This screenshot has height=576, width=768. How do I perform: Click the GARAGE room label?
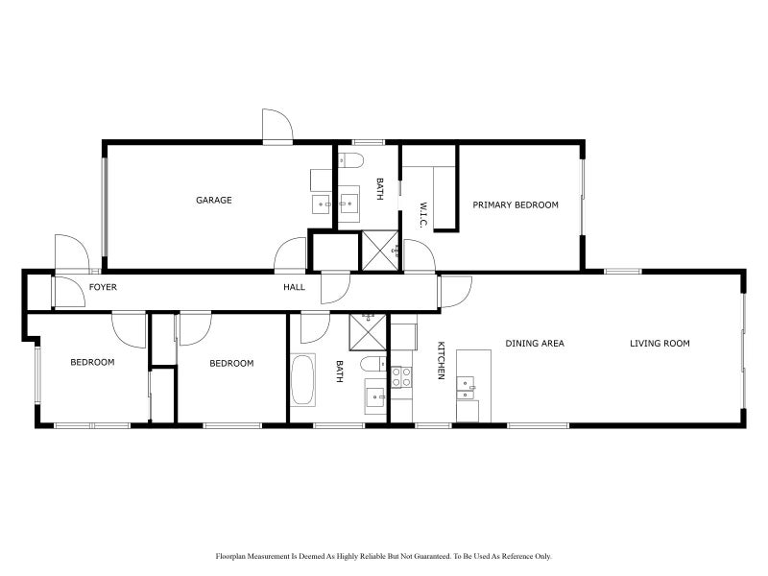[214, 201]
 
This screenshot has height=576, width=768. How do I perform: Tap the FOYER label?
[103, 287]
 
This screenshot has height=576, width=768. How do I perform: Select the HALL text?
[294, 287]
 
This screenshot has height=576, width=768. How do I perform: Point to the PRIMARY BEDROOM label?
[516, 204]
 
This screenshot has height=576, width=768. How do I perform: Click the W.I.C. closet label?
[422, 214]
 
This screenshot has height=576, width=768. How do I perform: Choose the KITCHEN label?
[441, 361]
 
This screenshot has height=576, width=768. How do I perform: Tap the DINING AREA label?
[535, 344]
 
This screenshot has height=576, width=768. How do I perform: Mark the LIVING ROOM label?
[660, 344]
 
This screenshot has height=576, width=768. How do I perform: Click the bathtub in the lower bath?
[302, 380]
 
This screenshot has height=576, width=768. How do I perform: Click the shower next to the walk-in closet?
[378, 251]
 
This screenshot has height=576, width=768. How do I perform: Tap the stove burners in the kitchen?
[401, 376]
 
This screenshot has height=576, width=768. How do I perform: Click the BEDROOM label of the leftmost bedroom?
[92, 363]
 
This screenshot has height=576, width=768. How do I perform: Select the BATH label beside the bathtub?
[339, 372]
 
